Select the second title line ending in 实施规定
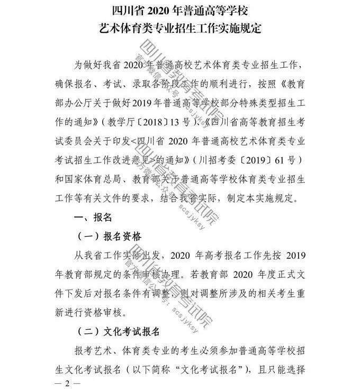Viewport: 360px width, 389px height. [181, 28]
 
